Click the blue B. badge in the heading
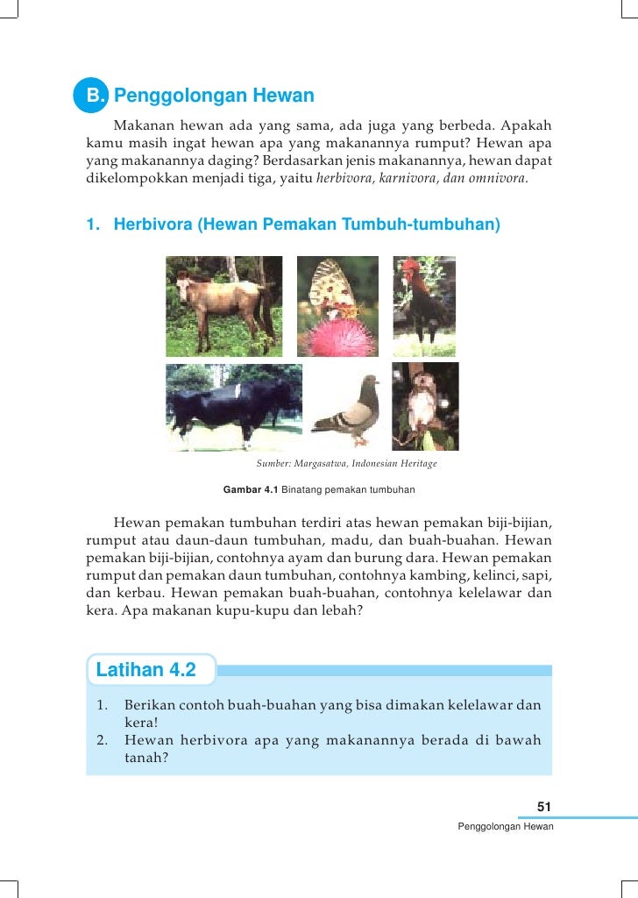[92, 94]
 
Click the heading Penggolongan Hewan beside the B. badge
[214, 95]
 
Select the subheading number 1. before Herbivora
[92, 224]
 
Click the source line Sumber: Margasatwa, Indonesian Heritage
[346, 463]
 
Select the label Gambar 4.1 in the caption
[251, 488]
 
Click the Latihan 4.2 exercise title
[145, 671]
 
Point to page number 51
[543, 807]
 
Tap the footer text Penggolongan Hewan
[506, 827]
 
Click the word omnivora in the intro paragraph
[499, 179]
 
